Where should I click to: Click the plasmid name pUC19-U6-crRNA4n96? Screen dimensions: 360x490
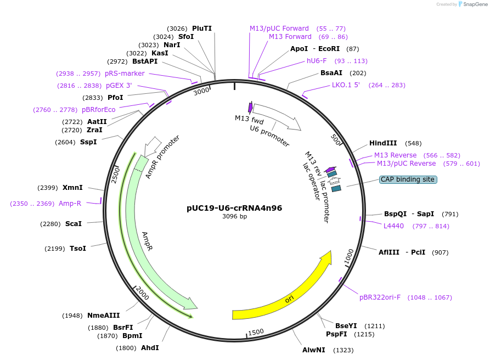click(234, 208)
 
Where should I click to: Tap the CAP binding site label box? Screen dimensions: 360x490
click(408, 179)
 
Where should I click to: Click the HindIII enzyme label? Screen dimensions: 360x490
click(383, 143)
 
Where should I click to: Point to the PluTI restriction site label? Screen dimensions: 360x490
click(202, 29)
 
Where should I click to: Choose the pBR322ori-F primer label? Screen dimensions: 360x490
click(380, 297)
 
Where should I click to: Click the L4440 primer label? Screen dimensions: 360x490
click(393, 226)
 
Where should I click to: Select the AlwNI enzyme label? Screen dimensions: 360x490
click(314, 350)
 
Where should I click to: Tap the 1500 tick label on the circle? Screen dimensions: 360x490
click(256, 332)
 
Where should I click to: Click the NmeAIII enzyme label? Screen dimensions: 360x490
click(104, 316)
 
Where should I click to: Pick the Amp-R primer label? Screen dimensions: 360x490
click(70, 204)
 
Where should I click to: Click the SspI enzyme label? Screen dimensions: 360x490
click(88, 142)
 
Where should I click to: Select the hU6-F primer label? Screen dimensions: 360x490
click(317, 61)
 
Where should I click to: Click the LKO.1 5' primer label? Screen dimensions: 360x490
click(346, 85)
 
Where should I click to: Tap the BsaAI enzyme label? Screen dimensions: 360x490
click(331, 73)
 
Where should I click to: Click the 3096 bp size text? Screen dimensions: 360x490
click(234, 216)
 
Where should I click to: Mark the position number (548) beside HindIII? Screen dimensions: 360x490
click(414, 143)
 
